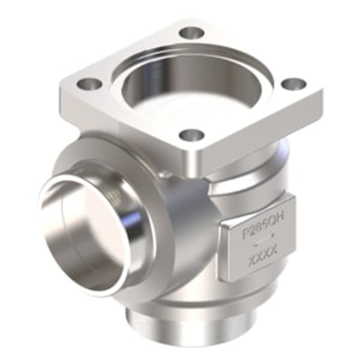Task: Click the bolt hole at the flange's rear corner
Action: click(x=191, y=32)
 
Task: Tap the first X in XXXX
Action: click(x=251, y=262)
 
